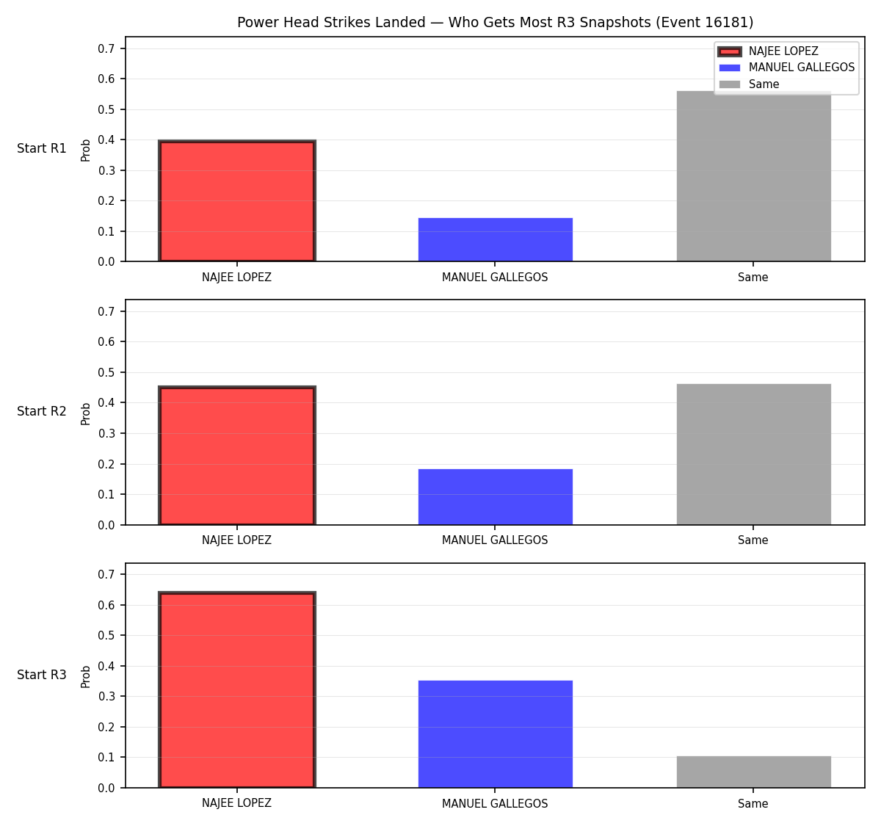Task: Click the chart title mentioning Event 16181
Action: (x=495, y=22)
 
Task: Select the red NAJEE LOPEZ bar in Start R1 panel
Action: (x=237, y=200)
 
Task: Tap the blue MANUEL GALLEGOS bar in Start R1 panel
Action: (x=495, y=239)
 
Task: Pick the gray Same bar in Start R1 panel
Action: (x=753, y=176)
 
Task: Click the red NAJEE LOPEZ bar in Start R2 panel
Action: (x=237, y=455)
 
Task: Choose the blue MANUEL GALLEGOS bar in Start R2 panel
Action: (x=495, y=497)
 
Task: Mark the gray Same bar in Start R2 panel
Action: (x=753, y=454)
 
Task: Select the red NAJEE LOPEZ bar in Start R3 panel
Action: (x=237, y=689)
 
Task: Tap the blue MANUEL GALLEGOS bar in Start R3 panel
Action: (x=495, y=734)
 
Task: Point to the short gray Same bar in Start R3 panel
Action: (x=753, y=772)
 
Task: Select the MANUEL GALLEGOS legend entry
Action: (x=786, y=68)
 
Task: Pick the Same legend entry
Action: (x=750, y=84)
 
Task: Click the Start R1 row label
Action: (x=42, y=148)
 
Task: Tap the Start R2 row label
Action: (x=42, y=411)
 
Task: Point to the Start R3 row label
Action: (x=42, y=675)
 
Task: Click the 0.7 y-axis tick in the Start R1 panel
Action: (x=106, y=48)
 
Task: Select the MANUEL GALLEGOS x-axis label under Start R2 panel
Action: (x=495, y=540)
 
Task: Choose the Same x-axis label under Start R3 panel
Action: (x=753, y=803)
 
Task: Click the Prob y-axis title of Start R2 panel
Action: (x=86, y=413)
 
